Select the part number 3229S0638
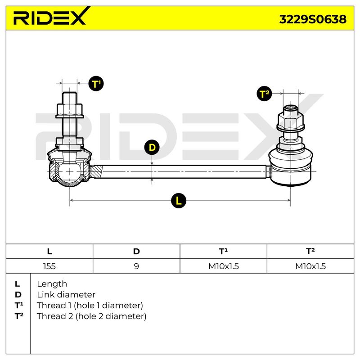point(313,19)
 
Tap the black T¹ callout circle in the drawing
point(96,83)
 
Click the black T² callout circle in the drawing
point(264,94)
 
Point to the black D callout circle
point(152,147)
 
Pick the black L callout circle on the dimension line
point(178,201)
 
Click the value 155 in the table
point(49,266)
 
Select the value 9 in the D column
point(136,266)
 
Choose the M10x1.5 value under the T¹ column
point(223,266)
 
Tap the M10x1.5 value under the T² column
point(310,266)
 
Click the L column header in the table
point(49,252)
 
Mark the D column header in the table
point(136,252)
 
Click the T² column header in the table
point(310,251)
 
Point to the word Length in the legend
point(52,284)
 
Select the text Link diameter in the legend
point(66,295)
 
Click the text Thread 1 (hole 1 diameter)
point(90,306)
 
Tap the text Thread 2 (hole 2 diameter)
point(92,316)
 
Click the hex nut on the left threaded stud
point(70,111)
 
